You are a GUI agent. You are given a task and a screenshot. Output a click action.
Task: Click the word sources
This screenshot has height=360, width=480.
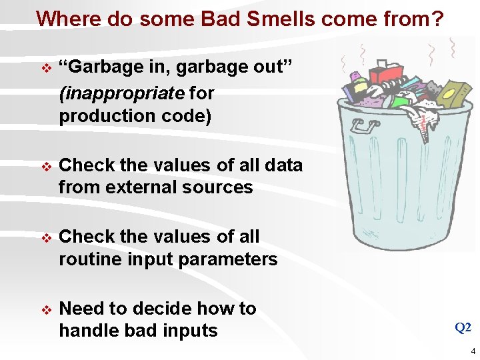(219, 187)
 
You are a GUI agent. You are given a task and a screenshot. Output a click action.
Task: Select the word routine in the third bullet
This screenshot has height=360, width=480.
(88, 259)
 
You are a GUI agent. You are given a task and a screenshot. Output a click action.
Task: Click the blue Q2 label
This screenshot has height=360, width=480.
(463, 327)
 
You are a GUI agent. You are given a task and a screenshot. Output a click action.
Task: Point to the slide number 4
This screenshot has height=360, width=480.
(473, 351)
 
